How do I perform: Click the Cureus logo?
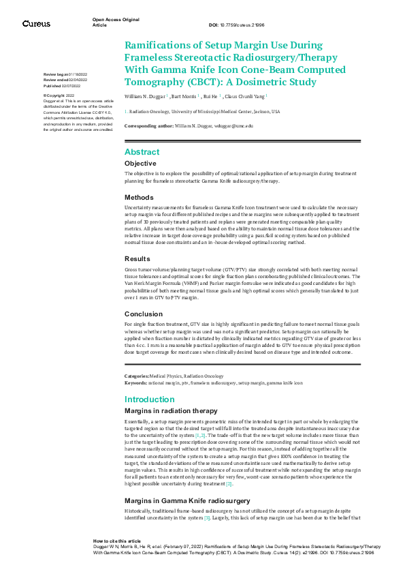point(36,24)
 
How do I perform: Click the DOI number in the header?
point(242,24)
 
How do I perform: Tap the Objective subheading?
point(140,164)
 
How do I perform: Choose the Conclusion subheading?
point(144,314)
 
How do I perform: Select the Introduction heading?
point(150,399)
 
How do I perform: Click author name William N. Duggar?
point(144,97)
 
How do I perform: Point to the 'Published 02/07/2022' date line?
point(61,87)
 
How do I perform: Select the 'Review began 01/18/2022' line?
point(65,74)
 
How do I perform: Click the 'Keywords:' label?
point(135,383)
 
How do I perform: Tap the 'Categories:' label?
point(136,376)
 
